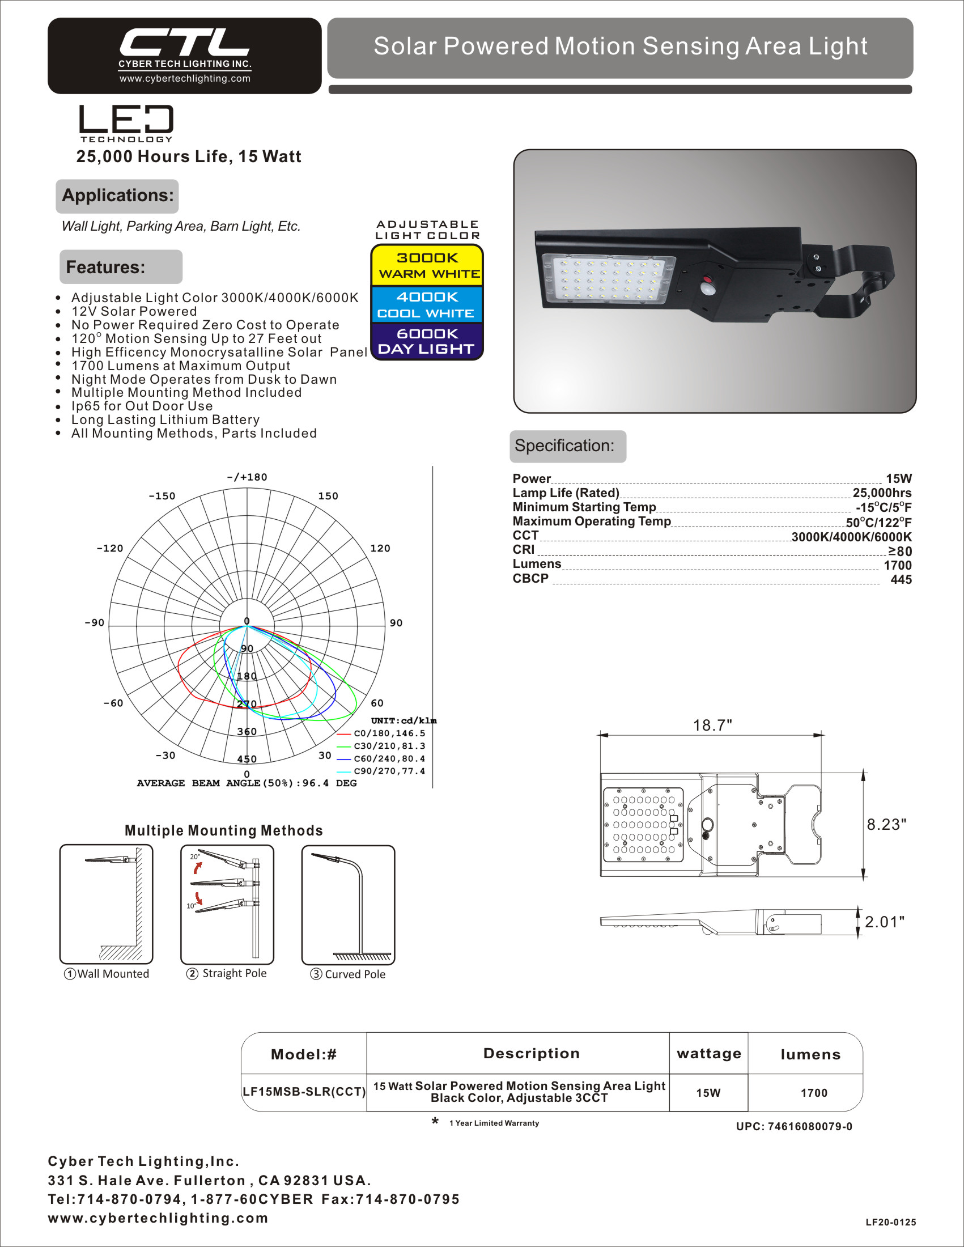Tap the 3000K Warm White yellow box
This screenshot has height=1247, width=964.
(x=427, y=265)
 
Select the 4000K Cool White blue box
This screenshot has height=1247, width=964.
(x=427, y=304)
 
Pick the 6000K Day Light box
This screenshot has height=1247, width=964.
(x=427, y=341)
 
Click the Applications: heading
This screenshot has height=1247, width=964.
(x=117, y=196)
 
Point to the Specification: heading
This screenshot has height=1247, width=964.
(x=564, y=446)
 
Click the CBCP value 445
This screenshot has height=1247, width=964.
(x=901, y=579)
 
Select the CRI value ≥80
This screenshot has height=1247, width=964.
(x=899, y=551)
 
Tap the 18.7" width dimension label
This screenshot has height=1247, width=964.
(x=712, y=725)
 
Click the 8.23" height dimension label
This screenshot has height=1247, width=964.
(x=886, y=825)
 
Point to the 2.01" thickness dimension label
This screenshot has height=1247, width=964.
(x=885, y=922)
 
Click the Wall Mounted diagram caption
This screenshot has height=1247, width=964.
(x=107, y=973)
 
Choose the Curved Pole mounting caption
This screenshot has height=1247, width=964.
(x=348, y=974)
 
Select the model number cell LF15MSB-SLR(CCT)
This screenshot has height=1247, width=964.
(x=304, y=1092)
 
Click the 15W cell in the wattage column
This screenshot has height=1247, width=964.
(x=708, y=1093)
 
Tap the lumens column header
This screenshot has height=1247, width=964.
(x=810, y=1055)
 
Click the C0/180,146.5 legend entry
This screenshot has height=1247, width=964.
(x=389, y=733)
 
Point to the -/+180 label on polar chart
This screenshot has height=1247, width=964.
(x=247, y=477)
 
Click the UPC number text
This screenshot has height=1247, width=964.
(x=794, y=1126)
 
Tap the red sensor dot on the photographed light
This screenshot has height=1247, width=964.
(x=708, y=280)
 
